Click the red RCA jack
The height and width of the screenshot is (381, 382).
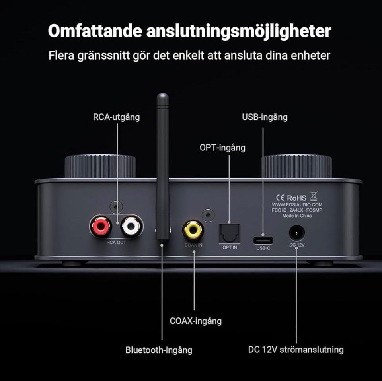[x=100, y=226]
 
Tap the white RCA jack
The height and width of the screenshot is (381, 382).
[x=131, y=226]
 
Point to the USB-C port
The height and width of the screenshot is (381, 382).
[x=263, y=241]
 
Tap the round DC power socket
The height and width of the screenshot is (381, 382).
[x=296, y=233]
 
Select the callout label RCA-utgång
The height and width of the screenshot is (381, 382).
[x=117, y=117]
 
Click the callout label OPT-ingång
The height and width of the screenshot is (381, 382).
[x=222, y=148]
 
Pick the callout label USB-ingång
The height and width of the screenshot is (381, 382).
[x=265, y=117]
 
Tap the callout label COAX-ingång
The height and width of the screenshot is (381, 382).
[x=196, y=321]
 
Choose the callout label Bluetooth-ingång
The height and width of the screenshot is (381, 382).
[x=159, y=350]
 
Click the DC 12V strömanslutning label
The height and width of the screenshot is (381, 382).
[x=296, y=350]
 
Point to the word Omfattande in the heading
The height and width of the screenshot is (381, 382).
[x=95, y=31]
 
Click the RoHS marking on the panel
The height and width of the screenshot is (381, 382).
[x=296, y=198]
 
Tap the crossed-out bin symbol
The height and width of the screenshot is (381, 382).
[x=314, y=196]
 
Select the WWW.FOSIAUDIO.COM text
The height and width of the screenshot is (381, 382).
[x=297, y=205]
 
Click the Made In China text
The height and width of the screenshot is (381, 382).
[x=297, y=216]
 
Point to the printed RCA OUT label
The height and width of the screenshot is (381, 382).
[x=116, y=243]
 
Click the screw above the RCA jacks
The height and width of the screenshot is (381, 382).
[x=116, y=207]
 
